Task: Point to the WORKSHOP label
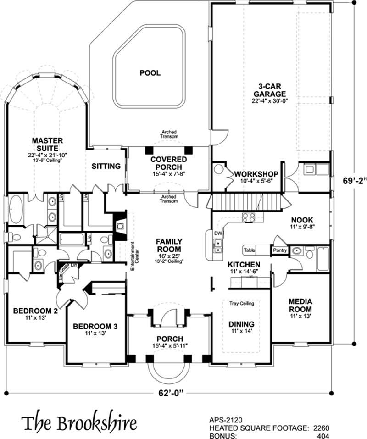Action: point(256,174)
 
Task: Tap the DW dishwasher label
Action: point(218,233)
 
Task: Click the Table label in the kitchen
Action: point(250,250)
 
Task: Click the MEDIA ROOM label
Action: point(300,305)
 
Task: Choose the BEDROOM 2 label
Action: point(35,311)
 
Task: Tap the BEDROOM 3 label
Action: point(96,327)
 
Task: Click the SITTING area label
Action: point(106,166)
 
